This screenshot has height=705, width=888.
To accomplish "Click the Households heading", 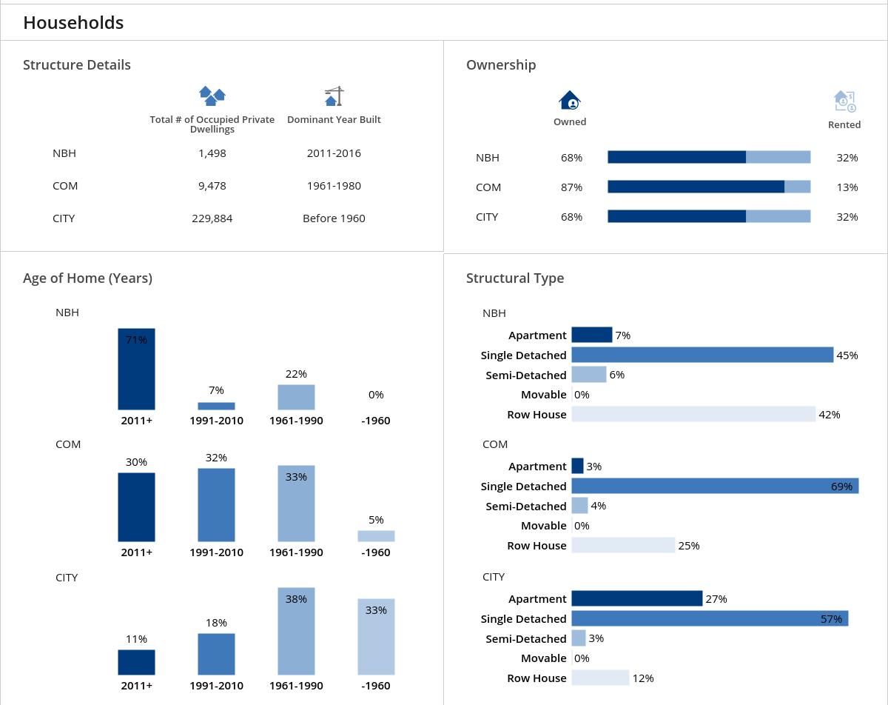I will (x=73, y=23).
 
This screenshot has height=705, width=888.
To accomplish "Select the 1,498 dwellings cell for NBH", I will (x=212, y=153).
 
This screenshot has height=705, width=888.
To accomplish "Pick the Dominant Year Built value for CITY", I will (x=334, y=218).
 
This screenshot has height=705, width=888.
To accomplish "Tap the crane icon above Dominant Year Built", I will (x=334, y=96).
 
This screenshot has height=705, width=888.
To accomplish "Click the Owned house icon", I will (x=570, y=101).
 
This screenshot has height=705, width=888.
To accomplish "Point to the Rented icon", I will (x=844, y=101).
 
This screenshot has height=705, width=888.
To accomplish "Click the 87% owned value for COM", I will (x=571, y=187).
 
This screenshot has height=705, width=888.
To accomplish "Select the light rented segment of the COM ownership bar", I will (x=798, y=187).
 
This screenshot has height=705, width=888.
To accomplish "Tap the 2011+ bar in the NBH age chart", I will (x=136, y=369).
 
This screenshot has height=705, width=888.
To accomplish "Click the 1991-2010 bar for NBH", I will (x=216, y=406).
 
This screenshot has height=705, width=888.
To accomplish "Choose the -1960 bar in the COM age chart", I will (x=376, y=536).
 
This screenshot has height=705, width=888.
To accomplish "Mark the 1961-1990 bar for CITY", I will (x=296, y=631).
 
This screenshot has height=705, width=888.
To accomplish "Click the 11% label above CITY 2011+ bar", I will (x=136, y=639).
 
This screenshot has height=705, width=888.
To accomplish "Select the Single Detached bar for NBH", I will (x=702, y=355).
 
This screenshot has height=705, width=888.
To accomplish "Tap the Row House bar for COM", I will (x=623, y=546).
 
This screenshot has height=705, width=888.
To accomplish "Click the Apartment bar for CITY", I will (x=636, y=598).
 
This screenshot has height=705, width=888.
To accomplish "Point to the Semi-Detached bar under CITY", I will (x=579, y=638).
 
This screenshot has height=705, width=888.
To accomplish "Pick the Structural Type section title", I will (x=515, y=278).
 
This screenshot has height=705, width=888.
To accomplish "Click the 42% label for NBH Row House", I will (x=830, y=415).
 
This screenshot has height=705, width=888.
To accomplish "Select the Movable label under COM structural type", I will (x=543, y=526).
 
